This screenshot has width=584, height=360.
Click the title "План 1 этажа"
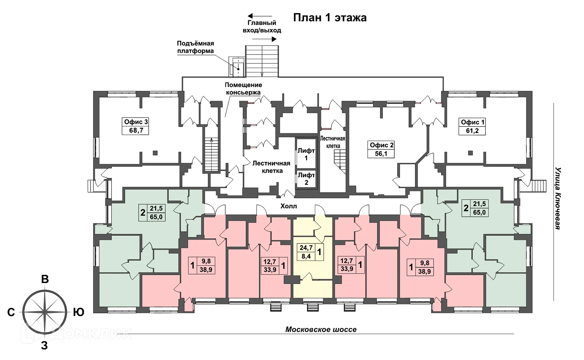[330, 17]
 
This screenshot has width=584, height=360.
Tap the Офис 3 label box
[136, 126]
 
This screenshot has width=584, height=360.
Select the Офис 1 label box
[472, 126]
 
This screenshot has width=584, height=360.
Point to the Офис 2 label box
[381, 149]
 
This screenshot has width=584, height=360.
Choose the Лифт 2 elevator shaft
[306, 179]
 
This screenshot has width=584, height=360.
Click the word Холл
[289, 206]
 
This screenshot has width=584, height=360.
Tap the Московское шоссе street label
[321, 329]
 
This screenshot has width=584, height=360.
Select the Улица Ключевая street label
[558, 198]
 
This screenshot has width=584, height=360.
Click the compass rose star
[45, 312]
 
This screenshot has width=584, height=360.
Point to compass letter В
[45, 279]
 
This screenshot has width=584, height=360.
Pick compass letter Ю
[78, 312]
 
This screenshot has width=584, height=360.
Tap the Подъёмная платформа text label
[195, 47]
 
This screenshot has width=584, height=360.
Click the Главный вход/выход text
[262, 27]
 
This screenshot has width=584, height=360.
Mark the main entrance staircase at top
[262, 61]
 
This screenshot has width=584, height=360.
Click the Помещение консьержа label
[243, 89]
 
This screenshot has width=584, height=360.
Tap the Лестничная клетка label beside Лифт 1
[272, 167]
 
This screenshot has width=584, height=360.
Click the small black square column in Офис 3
[155, 153]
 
